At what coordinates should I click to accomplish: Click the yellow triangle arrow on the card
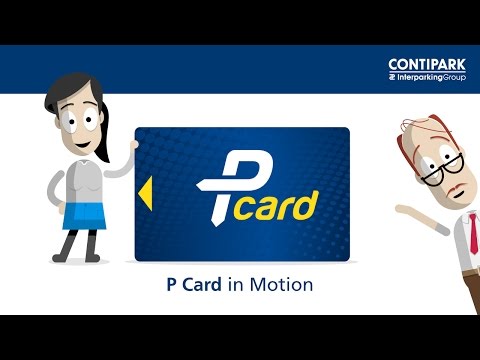[x=145, y=189]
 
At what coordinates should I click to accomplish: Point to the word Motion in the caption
[x=283, y=285]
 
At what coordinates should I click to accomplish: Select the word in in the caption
[x=241, y=285]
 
